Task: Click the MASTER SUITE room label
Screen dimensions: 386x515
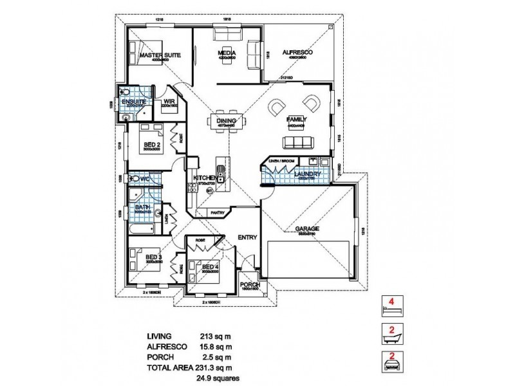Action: click(160, 56)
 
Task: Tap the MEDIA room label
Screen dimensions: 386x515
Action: click(225, 53)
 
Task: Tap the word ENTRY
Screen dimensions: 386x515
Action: click(247, 237)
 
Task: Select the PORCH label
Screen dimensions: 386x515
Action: click(248, 284)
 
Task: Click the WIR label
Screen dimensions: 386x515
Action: click(170, 102)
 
